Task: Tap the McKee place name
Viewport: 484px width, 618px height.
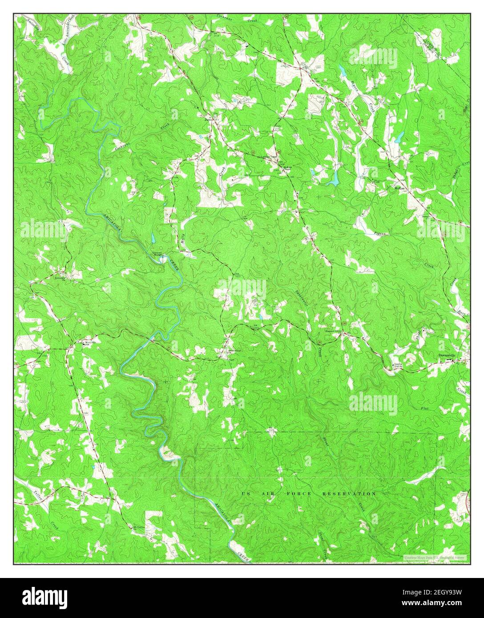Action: pyautogui.click(x=399, y=188)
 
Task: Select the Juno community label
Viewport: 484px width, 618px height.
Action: pyautogui.click(x=209, y=119)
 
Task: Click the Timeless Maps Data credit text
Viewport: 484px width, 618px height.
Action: pyautogui.click(x=434, y=557)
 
